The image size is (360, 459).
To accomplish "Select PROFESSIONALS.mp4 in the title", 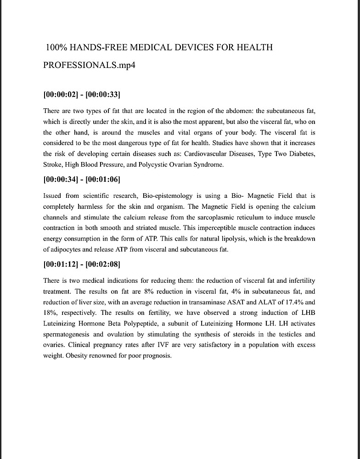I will coord(89,65).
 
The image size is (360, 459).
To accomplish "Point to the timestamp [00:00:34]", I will coord(61,179).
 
